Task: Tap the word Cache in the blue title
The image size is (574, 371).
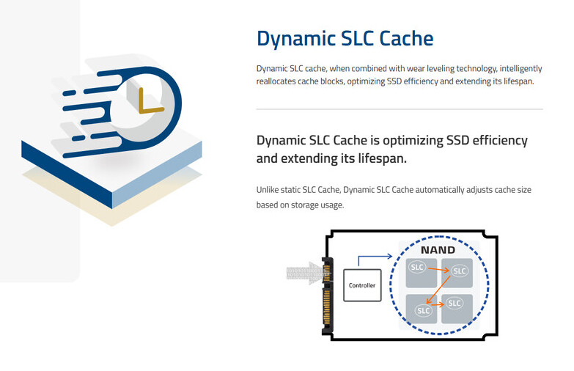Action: [x=406, y=38]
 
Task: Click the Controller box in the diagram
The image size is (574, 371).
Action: [x=362, y=285]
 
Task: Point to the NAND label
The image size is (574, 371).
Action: [x=438, y=250]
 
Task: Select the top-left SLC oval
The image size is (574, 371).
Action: [x=417, y=267]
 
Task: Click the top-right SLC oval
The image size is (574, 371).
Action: [x=460, y=271]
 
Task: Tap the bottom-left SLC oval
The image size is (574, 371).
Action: [x=424, y=311]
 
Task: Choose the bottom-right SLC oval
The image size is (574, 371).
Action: [x=455, y=304]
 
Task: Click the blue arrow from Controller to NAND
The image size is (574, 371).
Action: [x=369, y=257]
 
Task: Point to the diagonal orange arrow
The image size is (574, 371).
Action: [x=438, y=290]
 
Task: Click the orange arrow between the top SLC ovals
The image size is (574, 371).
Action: [x=438, y=270]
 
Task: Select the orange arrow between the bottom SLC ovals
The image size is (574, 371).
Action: [x=438, y=304]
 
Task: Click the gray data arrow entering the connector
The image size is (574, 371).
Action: [x=304, y=273]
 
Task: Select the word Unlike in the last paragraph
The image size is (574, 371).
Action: [x=268, y=190]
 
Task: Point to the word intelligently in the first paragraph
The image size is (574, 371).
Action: [x=520, y=69]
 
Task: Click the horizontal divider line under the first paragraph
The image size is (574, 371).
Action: [x=400, y=109]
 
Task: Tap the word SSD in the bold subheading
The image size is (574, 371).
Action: [x=458, y=140]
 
